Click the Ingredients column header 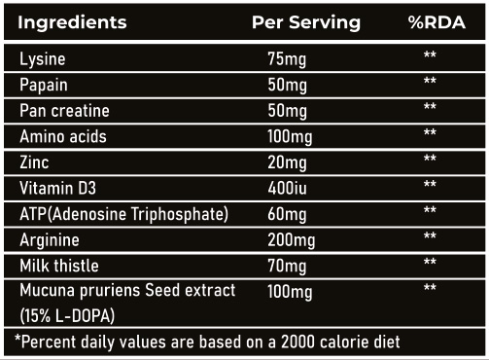point(72,23)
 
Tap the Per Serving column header point(306,22)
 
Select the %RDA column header point(437,22)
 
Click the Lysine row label point(43,59)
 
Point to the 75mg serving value point(287,59)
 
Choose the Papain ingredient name point(44,86)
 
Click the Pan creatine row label point(64,111)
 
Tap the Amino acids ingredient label point(63,136)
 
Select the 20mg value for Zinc point(287,162)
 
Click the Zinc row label point(34,162)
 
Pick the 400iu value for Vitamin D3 point(287,188)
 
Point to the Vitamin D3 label point(57,188)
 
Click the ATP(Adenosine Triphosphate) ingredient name point(123,215)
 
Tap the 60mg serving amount point(287,215)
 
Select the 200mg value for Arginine point(292,240)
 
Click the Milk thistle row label point(59,266)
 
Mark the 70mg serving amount point(287,267)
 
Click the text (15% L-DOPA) point(67,315)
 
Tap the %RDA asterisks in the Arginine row point(430,235)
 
